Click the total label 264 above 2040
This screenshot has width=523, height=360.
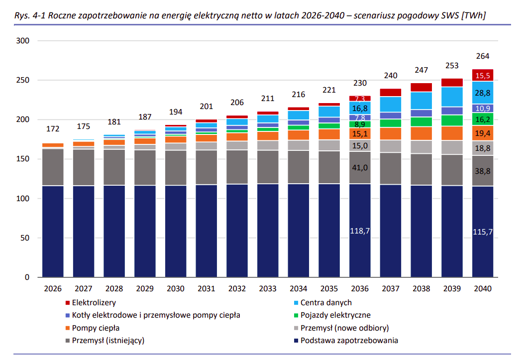pos(483,56)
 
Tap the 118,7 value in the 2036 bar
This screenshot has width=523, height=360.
pos(360,231)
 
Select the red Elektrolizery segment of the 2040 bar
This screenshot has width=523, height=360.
pos(483,75)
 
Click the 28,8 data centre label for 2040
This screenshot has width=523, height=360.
pos(483,93)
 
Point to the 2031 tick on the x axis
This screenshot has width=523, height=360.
pos(207,289)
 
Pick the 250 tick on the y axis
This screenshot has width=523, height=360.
pos(23,80)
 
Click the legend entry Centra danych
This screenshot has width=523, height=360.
pos(325,302)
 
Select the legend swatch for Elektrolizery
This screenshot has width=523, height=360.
pos(67,303)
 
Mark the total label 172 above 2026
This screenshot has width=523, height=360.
pos(53,129)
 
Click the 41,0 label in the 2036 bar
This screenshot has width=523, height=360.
pos(360,168)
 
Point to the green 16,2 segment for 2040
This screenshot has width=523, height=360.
pos(483,119)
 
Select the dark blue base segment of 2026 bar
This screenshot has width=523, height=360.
pos(53,232)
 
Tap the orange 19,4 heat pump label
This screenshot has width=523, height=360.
pos(483,133)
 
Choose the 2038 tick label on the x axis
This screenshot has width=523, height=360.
pos(421,289)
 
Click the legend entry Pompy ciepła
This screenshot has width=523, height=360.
pos(96,328)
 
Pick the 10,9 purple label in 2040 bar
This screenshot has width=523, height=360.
pos(483,109)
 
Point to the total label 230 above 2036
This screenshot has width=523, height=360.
pos(360,83)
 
